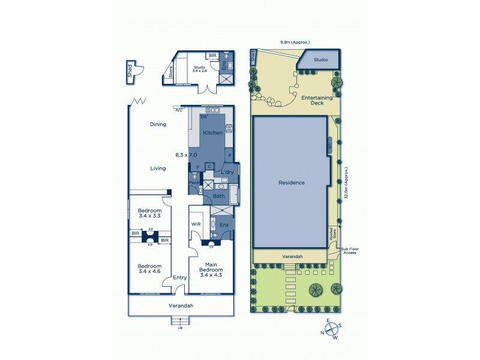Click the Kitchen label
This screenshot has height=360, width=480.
point(212,133)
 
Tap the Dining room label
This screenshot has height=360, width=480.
point(158,124)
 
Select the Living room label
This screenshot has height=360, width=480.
point(158,169)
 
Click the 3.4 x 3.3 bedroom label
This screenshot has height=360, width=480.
point(149,214)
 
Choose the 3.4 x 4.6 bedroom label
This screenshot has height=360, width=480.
point(149,269)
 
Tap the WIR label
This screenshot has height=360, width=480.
point(196,224)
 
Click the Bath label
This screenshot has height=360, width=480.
point(219,196)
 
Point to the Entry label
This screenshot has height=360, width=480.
point(179,278)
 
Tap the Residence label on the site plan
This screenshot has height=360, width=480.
point(291,182)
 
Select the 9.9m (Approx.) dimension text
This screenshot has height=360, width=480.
point(295,42)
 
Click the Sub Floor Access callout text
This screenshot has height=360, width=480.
point(349,250)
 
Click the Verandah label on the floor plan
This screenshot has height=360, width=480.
point(180,305)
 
